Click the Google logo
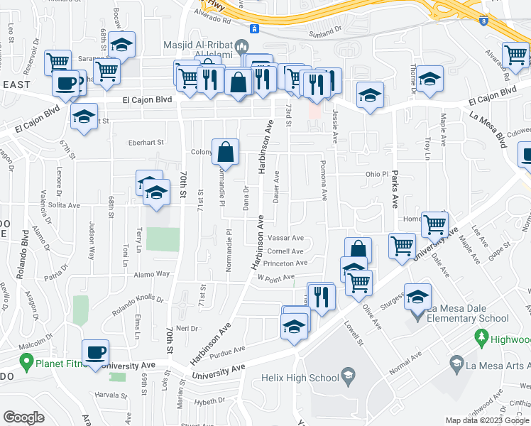click(24, 417)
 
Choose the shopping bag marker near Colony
click(225, 152)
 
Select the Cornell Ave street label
click(285, 251)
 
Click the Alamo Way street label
click(152, 274)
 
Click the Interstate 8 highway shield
click(483, 21)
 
